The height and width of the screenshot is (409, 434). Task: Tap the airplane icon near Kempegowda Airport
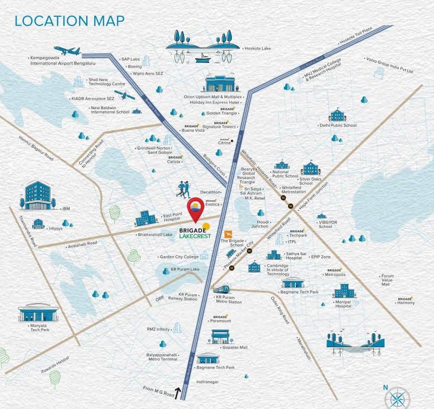tap(67, 51)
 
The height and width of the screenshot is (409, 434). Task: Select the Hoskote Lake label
tap(257, 48)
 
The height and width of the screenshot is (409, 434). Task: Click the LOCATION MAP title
tap(70, 21)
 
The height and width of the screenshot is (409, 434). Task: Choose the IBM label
tap(66, 209)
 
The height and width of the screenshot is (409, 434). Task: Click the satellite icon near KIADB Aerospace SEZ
tap(124, 96)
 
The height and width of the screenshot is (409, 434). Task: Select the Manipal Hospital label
tap(344, 304)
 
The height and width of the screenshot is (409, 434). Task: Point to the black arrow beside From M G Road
tap(178, 393)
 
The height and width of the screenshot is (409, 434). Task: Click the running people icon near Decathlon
tap(185, 189)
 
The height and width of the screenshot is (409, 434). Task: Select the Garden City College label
tap(179, 257)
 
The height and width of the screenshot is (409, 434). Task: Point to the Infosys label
tap(55, 228)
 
